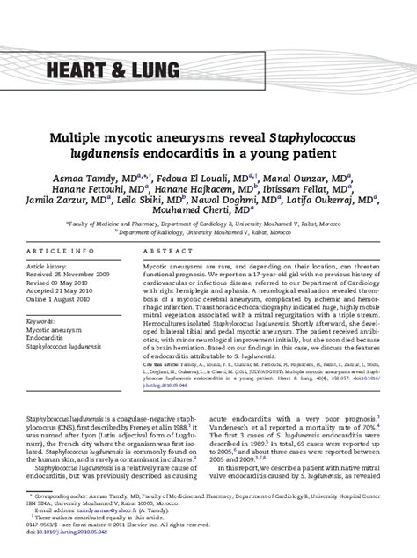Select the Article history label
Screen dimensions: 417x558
click(x=75, y=239)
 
